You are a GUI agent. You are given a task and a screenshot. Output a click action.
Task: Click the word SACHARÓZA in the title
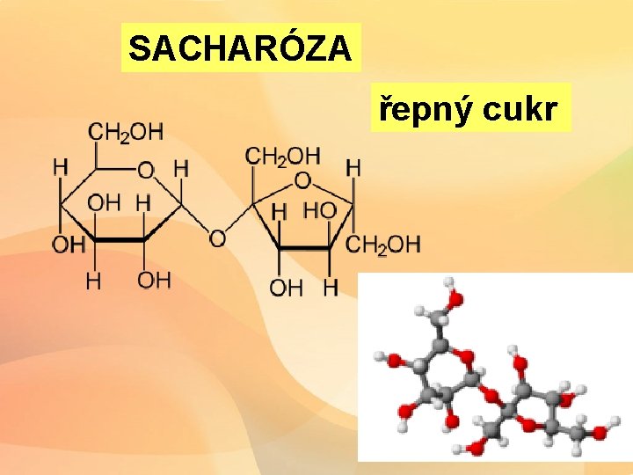[x=240, y=48]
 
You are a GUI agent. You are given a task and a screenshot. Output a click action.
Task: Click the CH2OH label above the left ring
[x=126, y=132]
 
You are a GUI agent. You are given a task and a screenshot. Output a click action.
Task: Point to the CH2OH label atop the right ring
[x=283, y=157]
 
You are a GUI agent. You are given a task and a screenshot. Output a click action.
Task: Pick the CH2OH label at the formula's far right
[x=383, y=244]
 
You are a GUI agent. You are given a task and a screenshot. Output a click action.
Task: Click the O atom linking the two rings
[x=216, y=237]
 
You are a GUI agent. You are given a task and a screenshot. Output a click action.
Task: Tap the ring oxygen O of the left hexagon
[x=146, y=168]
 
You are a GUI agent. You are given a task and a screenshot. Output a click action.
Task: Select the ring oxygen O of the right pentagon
[x=302, y=180]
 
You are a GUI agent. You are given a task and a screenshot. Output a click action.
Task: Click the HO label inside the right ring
[x=318, y=210]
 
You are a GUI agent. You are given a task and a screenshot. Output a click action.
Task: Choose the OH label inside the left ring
[x=103, y=202]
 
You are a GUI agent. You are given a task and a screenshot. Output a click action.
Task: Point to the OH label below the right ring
[x=285, y=287]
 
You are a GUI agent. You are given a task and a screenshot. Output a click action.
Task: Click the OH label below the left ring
[x=154, y=280]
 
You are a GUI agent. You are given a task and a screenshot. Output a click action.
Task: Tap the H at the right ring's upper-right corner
[x=353, y=166]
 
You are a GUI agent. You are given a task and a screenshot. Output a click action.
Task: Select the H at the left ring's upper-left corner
[x=60, y=166]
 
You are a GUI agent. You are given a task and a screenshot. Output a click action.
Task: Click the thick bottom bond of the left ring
[x=120, y=239]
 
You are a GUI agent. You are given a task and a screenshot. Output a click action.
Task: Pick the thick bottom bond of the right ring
[x=304, y=249]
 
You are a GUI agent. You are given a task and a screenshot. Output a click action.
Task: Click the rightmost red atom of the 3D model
[x=600, y=432]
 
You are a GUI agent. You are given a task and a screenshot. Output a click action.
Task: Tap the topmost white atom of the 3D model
[x=449, y=284]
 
